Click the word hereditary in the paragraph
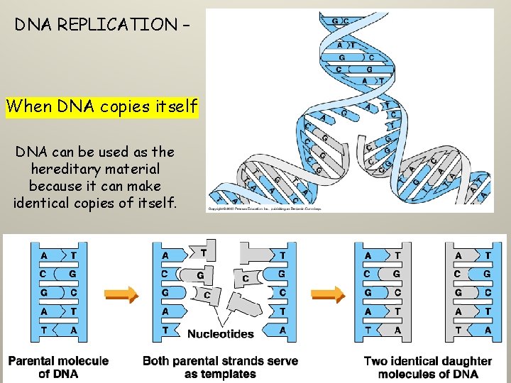[95, 169]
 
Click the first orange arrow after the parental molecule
[119, 292]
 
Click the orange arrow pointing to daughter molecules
[328, 292]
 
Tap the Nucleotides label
[220, 333]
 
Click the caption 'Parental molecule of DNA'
[59, 367]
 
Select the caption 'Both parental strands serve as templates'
[220, 367]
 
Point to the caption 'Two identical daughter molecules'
[428, 367]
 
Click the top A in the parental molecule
[45, 255]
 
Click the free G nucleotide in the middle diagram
[201, 274]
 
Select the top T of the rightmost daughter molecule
[487, 255]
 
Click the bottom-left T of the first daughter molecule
[368, 330]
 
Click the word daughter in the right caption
[463, 361]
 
